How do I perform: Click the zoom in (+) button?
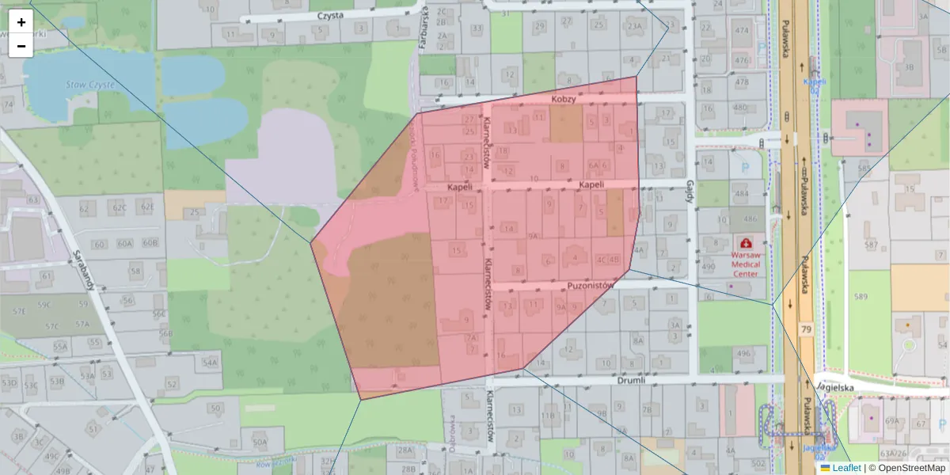click(21, 22)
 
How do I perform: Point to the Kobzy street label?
click(566, 98)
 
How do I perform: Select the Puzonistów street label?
click(591, 285)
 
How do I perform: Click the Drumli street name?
click(630, 380)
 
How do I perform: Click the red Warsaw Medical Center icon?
click(745, 243)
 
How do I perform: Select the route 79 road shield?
click(806, 328)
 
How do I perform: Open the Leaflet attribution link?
click(846, 468)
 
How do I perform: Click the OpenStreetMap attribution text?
click(911, 468)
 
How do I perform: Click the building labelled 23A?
click(634, 26)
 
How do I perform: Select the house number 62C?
click(119, 209)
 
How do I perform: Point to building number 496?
click(743, 353)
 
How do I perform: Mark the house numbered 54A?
click(209, 363)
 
